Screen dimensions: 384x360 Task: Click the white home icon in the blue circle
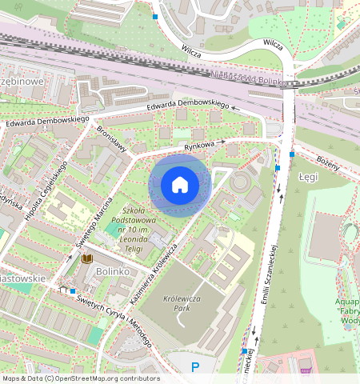(180, 185)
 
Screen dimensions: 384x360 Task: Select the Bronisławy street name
(113, 137)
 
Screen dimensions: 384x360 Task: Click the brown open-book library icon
(87, 259)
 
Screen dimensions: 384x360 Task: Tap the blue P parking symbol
(194, 367)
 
